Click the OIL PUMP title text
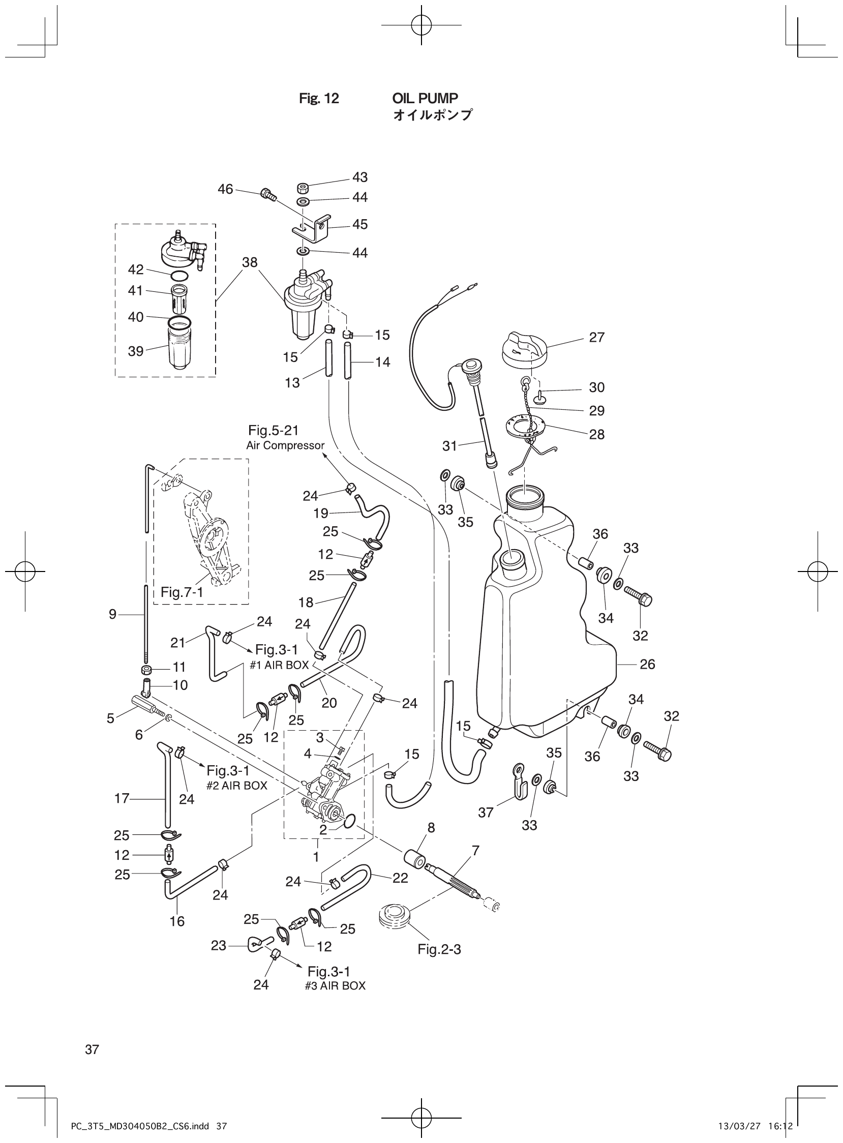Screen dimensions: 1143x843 (425, 98)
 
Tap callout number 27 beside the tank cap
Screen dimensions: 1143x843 (596, 337)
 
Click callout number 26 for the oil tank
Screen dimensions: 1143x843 (647, 665)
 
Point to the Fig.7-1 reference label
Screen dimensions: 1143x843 (181, 592)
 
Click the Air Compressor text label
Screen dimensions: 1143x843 (285, 445)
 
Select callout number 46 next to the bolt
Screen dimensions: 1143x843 (225, 189)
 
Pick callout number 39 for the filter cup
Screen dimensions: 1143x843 (135, 351)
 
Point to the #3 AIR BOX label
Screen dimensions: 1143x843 (335, 986)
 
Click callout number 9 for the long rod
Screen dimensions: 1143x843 (113, 614)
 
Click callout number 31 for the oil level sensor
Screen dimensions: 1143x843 (449, 446)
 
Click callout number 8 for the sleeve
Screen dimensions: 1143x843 (431, 828)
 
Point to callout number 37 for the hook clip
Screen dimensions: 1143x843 (485, 813)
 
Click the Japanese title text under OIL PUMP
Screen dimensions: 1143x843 (432, 115)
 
